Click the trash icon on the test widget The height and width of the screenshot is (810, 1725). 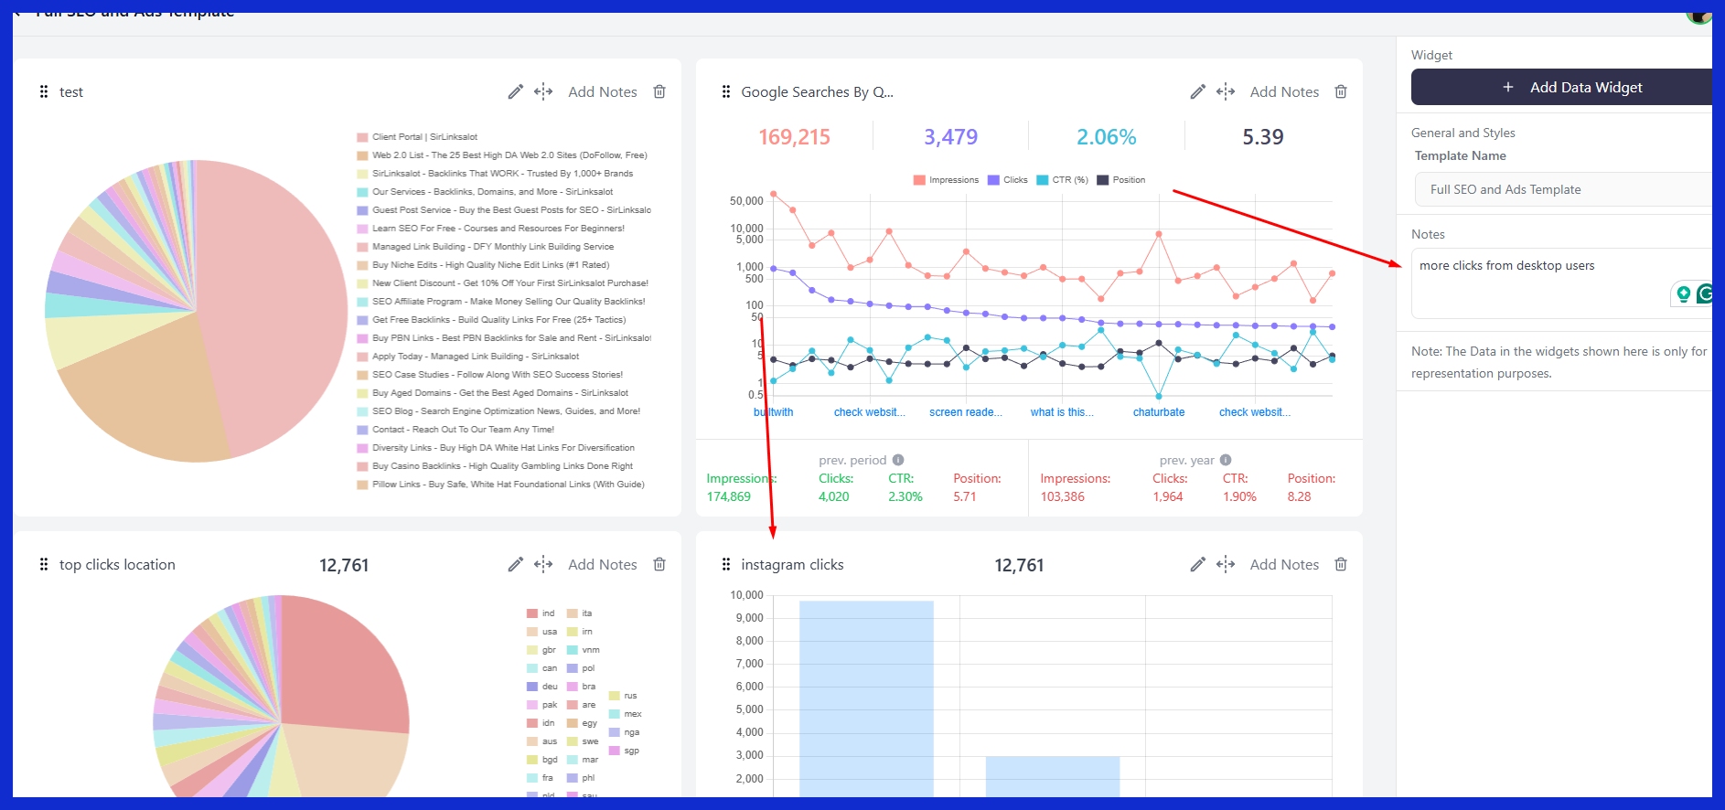(659, 91)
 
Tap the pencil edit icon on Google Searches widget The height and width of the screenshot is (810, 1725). (1197, 91)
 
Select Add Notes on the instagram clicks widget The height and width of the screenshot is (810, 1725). (1284, 565)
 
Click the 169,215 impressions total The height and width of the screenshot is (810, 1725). (794, 137)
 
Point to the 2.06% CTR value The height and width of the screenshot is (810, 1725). (1106, 137)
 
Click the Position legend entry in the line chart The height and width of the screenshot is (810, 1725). (1122, 180)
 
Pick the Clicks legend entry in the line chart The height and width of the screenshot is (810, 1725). (1009, 180)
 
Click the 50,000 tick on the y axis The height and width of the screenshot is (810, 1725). (746, 201)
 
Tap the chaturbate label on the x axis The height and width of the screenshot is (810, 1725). (1158, 412)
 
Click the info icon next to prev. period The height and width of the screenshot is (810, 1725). (898, 460)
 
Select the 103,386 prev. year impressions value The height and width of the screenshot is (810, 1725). (1062, 496)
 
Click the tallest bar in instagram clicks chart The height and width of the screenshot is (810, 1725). (866, 695)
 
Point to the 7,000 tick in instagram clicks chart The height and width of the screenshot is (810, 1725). (748, 664)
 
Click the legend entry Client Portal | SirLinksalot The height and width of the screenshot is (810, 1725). (423, 137)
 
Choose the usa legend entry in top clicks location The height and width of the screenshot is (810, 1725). (549, 632)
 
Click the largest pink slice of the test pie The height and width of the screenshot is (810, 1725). (274, 293)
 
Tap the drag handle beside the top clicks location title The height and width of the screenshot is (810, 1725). (44, 565)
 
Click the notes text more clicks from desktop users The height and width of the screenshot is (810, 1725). (1506, 266)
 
